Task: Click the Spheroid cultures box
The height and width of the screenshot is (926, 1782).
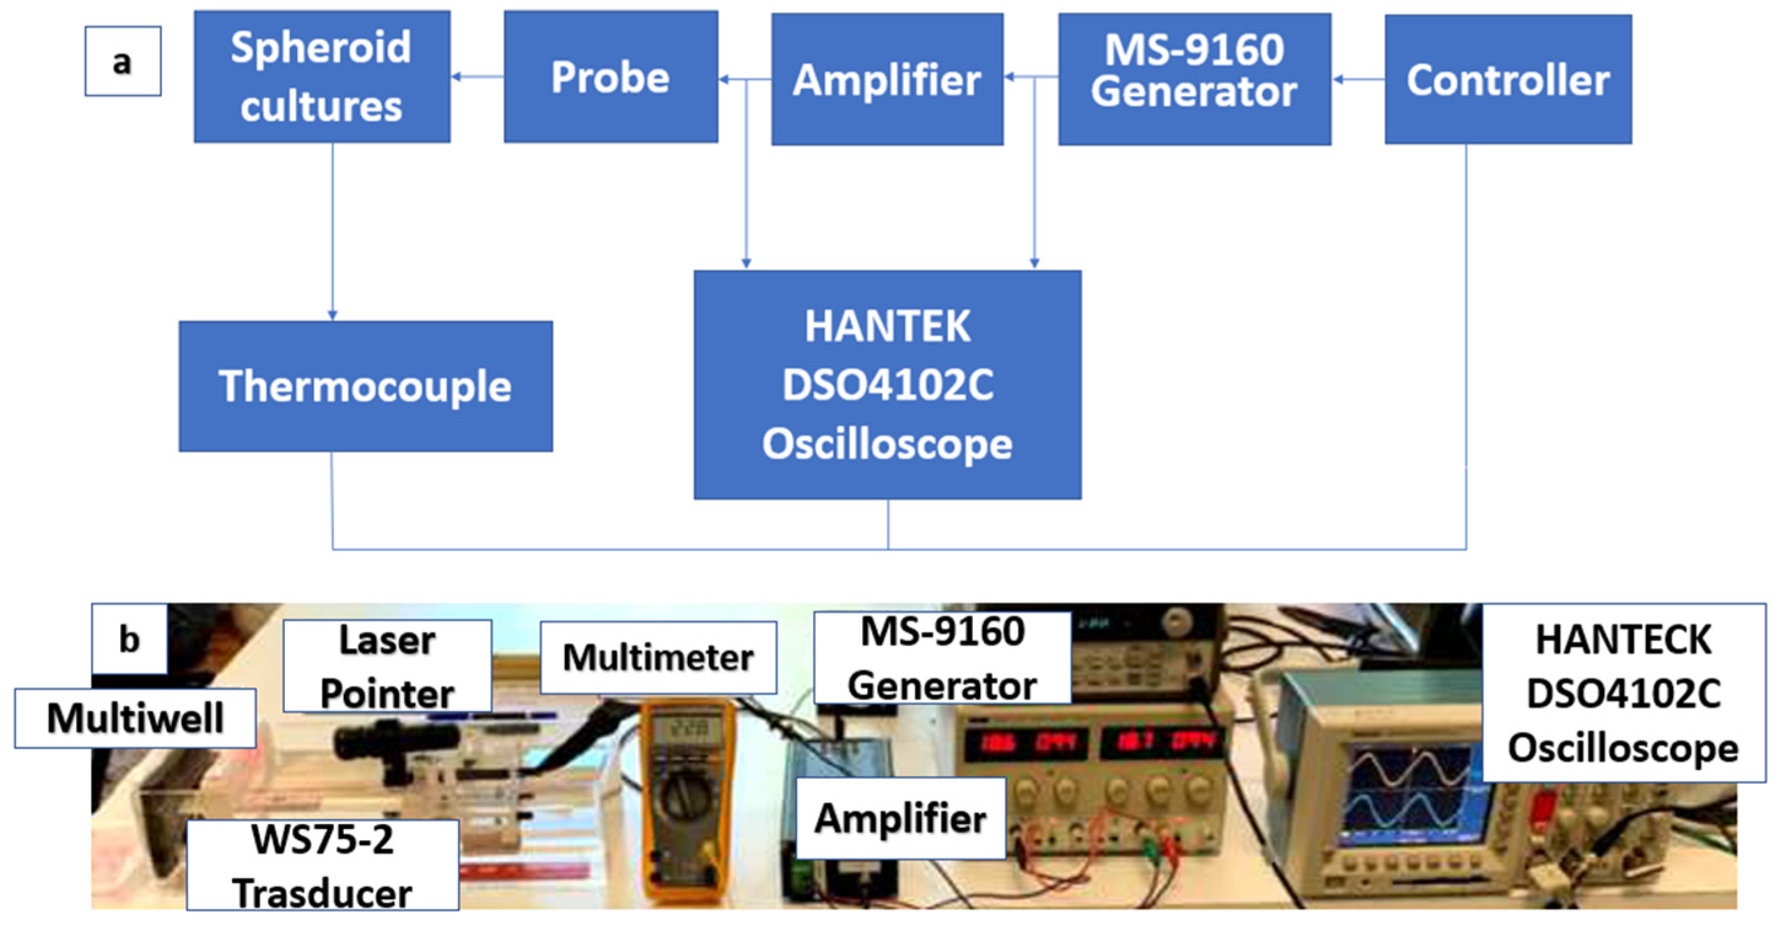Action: point(322,77)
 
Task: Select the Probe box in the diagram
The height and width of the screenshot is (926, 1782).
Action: point(610,77)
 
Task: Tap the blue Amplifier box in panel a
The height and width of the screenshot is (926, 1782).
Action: point(887,79)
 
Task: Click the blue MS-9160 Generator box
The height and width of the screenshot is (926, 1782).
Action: point(1194,79)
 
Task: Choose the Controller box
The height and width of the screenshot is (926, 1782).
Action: point(1508,79)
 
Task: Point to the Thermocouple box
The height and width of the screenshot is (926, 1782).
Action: point(365,386)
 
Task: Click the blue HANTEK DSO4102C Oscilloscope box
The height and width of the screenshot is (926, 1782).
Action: point(887,385)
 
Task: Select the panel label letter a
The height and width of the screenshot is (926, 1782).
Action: point(122,61)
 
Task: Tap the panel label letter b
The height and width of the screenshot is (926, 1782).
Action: point(130,639)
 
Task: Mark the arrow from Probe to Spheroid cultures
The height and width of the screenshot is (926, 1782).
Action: point(477,77)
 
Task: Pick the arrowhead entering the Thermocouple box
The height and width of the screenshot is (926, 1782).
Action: point(333,315)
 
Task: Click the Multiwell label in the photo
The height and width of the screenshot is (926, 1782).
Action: point(135,718)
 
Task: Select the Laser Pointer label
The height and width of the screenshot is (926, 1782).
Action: point(387,666)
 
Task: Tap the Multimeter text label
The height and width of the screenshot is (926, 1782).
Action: point(658,657)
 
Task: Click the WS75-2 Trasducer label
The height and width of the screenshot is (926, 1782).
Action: point(322,865)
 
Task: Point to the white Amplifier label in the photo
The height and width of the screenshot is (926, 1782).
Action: point(900,818)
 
